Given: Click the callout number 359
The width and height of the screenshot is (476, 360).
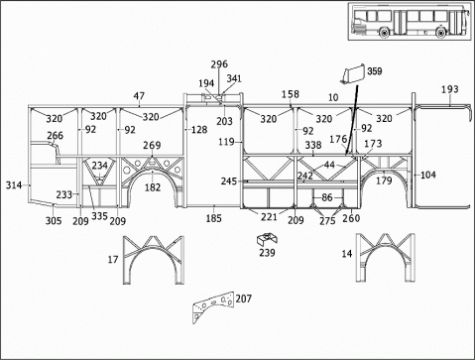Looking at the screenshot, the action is [x=375, y=71].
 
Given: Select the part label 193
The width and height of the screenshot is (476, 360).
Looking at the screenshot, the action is [x=450, y=89].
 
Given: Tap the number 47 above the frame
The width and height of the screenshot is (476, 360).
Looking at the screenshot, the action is [x=139, y=96].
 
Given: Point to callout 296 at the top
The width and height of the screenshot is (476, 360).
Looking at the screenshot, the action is [x=219, y=63].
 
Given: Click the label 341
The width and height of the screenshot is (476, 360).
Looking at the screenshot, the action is [x=234, y=78].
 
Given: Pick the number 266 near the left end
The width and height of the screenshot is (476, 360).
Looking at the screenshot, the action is [x=55, y=135].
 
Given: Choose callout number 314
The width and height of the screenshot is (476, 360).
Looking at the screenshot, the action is [x=14, y=185].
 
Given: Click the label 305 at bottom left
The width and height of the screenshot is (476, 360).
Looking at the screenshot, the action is [x=54, y=220].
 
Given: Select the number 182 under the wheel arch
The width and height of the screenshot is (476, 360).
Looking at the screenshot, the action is [x=153, y=187].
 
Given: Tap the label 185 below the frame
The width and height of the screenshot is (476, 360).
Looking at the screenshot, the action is [x=213, y=218].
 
